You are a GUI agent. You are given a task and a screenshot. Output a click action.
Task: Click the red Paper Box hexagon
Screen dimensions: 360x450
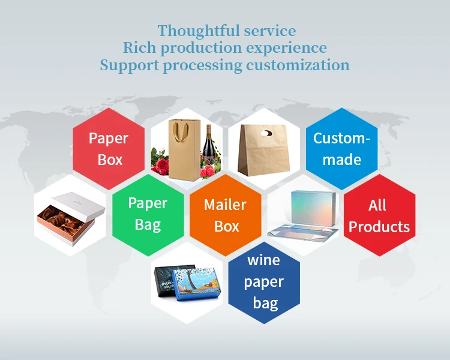pos(109,148)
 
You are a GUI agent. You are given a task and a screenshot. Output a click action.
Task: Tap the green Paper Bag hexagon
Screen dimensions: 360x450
pos(148,215)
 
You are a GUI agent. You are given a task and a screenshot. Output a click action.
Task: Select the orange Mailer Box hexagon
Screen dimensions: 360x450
pos(226,215)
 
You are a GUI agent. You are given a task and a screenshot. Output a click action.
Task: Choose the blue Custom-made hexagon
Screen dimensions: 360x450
pos(341,148)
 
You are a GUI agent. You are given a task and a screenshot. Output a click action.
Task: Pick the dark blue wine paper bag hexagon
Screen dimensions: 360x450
pos(264,281)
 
